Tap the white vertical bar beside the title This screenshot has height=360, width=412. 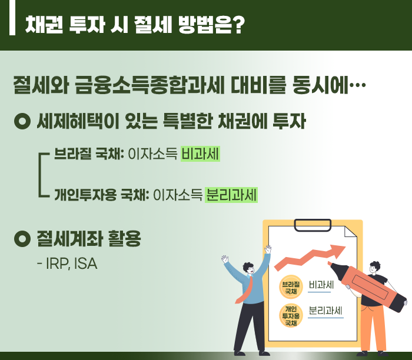coord(12,18)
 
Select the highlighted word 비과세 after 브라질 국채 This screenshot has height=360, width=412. coord(200,154)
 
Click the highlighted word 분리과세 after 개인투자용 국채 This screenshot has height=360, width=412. coord(231,195)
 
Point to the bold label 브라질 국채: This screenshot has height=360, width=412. coord(89,154)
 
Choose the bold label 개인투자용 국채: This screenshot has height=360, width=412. coord(102,195)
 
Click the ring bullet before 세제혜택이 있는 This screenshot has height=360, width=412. coord(22,121)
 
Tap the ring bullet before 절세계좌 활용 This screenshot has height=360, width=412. coord(22,238)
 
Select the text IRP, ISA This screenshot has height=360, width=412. coord(71,264)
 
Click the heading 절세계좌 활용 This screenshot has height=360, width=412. coord(89,238)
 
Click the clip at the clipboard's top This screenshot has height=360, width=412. coord(313,225)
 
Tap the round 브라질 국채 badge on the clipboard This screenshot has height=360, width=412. coord(291,287)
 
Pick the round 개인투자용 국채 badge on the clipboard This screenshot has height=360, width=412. coord(291,316)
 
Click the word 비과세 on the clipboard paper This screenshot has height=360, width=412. coord(321,285)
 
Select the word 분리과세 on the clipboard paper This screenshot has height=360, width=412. coord(325,311)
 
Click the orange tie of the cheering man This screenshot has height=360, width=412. coord(245,290)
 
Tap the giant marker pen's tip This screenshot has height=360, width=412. coord(330,263)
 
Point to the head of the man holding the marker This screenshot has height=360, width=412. coord(374,268)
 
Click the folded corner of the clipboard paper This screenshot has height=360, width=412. coord(351,232)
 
